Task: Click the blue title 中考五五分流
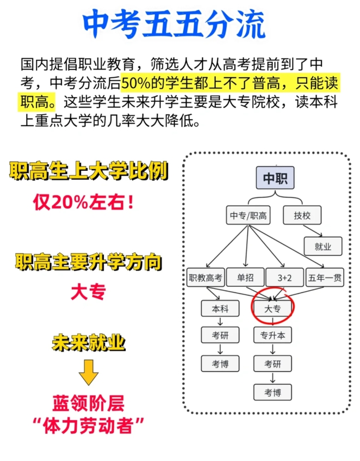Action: pos(175,24)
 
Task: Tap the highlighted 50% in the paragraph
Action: pos(135,83)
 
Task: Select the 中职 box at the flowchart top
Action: pos(275,178)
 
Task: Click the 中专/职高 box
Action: pos(248,215)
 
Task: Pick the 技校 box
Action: pos(302,215)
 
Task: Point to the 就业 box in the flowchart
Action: pos(323,247)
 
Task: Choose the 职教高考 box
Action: pos(206,277)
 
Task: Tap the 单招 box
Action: pos(245,277)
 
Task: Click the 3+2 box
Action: pos(284,277)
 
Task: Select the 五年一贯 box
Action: pos(325,277)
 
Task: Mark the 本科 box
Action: pos(220,309)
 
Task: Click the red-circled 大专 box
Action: pos(272,309)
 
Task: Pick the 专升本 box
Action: pos(272,335)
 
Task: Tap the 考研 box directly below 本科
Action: pos(220,335)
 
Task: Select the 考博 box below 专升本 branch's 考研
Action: pos(272,392)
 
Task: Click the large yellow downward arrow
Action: pos(89,372)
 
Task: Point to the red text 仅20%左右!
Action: pos(84,202)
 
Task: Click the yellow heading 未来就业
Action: pos(89,342)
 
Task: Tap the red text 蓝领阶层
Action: pos(89,403)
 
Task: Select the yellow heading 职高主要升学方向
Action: pos(89,262)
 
